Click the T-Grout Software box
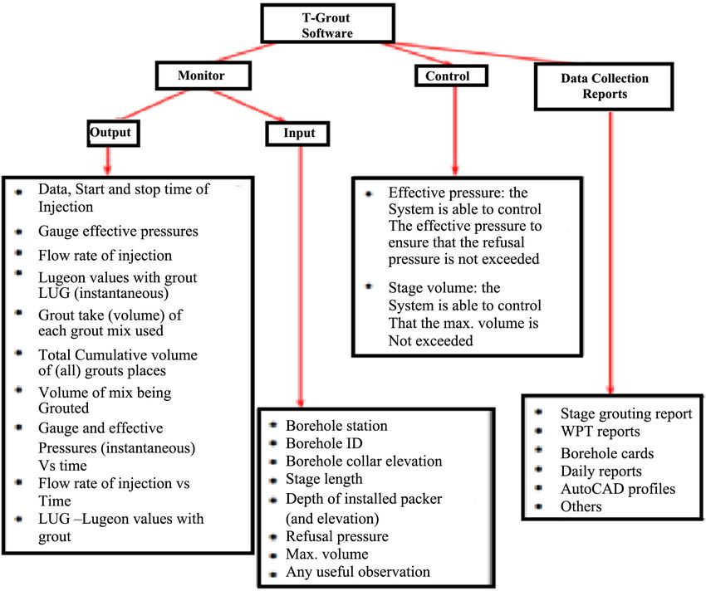tap(328, 24)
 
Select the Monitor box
tap(203, 76)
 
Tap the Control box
tap(451, 76)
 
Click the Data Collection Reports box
tap(604, 86)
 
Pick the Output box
tap(114, 133)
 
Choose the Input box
tap(297, 134)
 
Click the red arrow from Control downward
tap(455, 130)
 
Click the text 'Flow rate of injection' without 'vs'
tap(105, 255)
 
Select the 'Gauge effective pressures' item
tap(118, 231)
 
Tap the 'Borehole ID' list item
tap(324, 443)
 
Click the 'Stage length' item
tap(324, 480)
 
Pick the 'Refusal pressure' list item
tap(336, 536)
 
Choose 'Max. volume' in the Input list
tap(327, 554)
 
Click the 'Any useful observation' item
tap(357, 572)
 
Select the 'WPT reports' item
tap(600, 431)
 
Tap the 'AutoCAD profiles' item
tap(618, 489)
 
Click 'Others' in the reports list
tap(581, 506)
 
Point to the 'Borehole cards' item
tap(607, 453)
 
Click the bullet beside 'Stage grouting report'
tap(538, 412)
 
